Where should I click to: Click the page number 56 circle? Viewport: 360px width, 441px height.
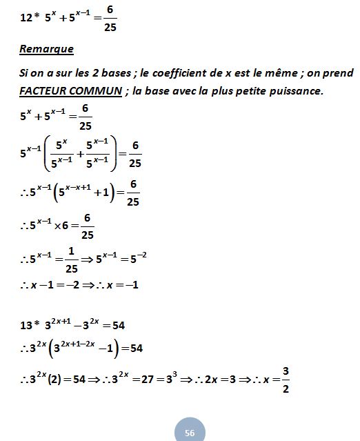tap(190, 431)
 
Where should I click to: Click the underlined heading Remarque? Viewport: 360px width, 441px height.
tap(47, 50)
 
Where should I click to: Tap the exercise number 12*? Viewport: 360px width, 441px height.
tap(30, 18)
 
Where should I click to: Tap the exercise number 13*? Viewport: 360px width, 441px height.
tap(30, 325)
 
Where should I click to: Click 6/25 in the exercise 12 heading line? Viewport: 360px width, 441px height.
tap(109, 19)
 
